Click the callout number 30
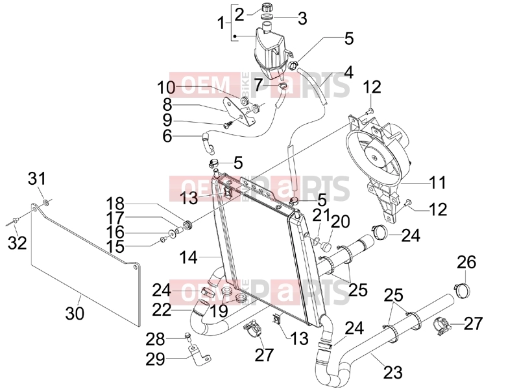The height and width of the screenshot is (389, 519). (x=75, y=313)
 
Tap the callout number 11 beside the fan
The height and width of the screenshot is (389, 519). (x=437, y=182)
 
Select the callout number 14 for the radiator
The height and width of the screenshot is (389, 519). (x=188, y=257)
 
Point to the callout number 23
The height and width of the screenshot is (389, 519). (x=393, y=371)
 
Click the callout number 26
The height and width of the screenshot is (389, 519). (x=466, y=262)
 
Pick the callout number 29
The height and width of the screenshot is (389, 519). (x=155, y=359)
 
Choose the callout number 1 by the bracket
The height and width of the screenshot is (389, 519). (x=221, y=23)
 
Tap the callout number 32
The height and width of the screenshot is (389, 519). (x=18, y=244)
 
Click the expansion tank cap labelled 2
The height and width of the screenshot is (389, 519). (x=265, y=6)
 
